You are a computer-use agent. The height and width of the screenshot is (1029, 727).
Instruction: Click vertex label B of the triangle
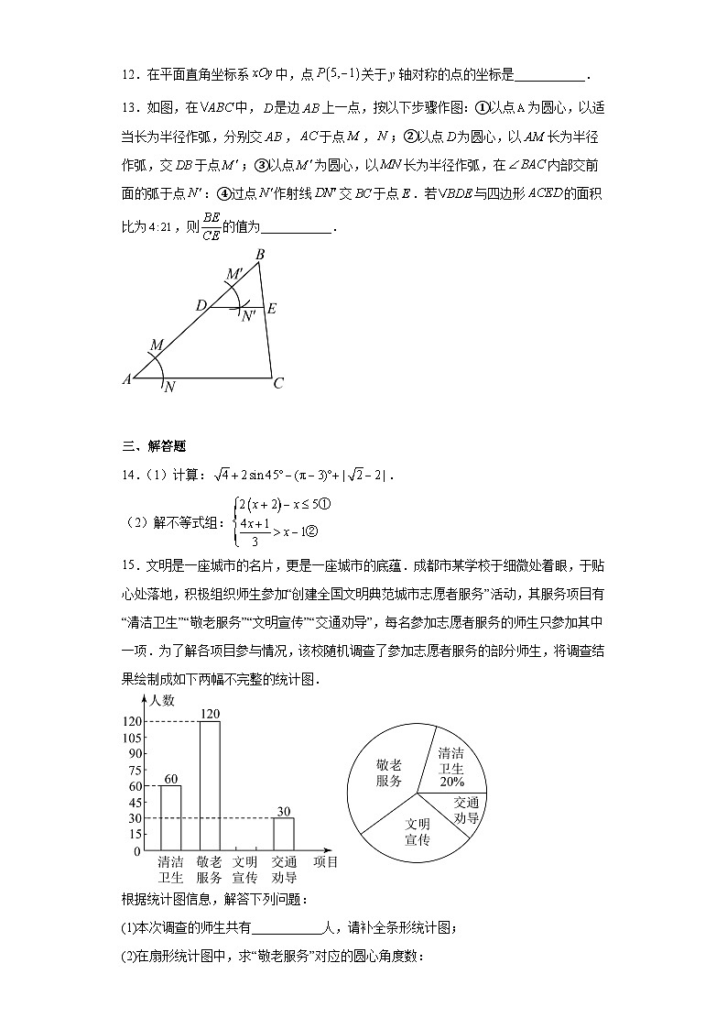click(260, 254)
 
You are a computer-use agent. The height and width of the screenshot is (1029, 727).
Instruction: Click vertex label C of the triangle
click(278, 384)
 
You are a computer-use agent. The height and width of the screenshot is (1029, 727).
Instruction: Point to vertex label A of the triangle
click(126, 378)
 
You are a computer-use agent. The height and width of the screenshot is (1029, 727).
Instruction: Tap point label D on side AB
click(201, 303)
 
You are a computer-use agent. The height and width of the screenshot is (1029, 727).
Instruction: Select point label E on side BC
click(271, 309)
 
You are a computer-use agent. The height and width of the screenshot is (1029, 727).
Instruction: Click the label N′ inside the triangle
click(247, 316)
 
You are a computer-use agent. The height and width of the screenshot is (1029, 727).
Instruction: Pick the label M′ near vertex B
click(234, 274)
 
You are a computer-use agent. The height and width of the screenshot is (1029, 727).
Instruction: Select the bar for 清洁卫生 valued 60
click(170, 817)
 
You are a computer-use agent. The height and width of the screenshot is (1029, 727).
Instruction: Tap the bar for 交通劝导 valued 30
click(284, 834)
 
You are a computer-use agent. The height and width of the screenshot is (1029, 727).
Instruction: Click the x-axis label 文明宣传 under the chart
click(244, 869)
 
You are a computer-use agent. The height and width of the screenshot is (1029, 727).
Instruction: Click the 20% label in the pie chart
click(450, 783)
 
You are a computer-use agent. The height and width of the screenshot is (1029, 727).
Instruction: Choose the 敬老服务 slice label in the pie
click(389, 772)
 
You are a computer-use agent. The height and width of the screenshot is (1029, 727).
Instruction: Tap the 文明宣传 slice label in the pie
click(418, 832)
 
